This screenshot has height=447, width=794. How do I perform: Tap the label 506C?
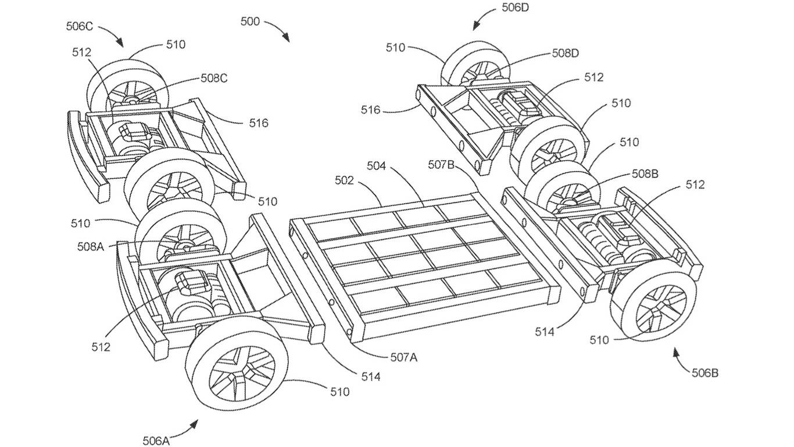point(80,27)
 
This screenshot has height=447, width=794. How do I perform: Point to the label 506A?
point(156,440)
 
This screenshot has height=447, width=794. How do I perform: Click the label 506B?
point(704,373)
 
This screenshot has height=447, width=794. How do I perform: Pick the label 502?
point(344,181)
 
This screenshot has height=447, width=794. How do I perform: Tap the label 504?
point(376,166)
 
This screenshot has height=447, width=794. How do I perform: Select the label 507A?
point(403,357)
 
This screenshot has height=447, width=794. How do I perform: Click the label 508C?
point(215,78)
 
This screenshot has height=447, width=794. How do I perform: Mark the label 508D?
point(566,54)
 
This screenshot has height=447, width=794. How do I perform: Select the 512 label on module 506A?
point(101,347)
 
